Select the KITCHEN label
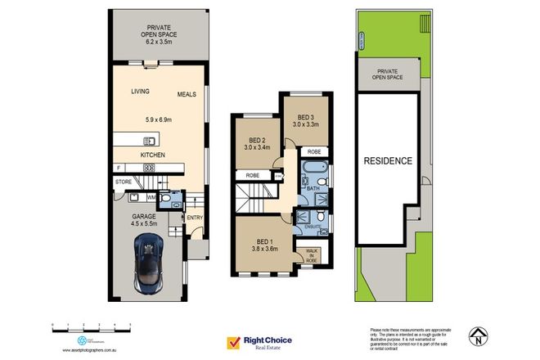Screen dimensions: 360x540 [153, 155]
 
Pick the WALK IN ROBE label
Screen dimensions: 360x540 [311, 255]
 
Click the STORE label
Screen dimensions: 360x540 [124, 181]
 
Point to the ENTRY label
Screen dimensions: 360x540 [194, 218]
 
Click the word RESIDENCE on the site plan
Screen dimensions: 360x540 [388, 161]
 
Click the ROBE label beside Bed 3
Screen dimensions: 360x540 [314, 151]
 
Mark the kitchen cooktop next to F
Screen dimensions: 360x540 [149, 169]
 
